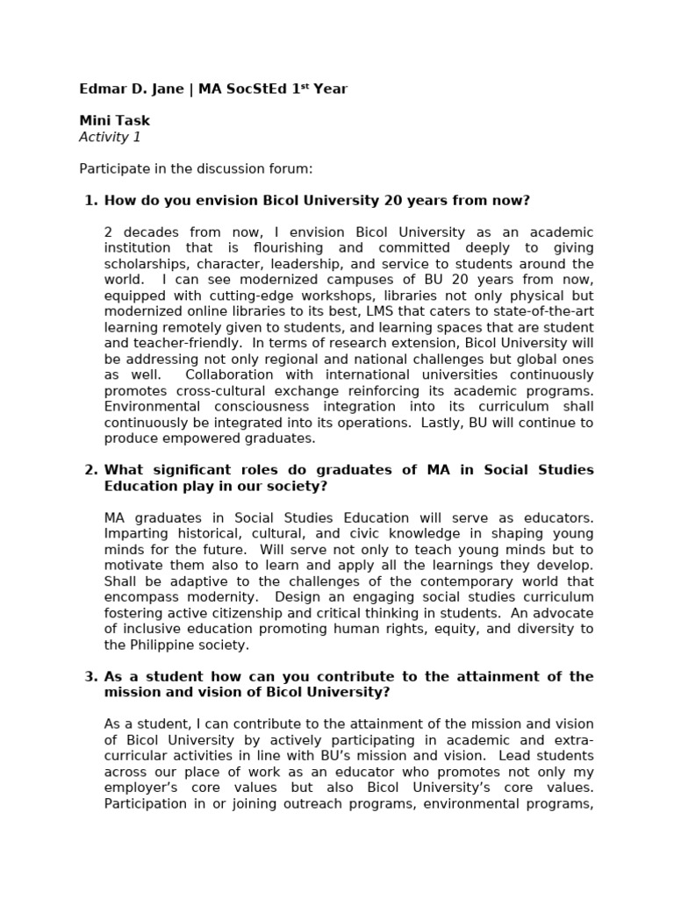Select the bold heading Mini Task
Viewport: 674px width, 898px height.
click(x=114, y=121)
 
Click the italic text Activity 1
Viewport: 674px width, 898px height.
click(x=110, y=137)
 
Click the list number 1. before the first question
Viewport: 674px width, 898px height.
click(x=90, y=201)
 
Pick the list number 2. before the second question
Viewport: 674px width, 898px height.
click(x=90, y=470)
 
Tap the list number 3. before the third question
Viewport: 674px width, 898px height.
click(x=90, y=676)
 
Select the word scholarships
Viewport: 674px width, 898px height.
click(x=144, y=264)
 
